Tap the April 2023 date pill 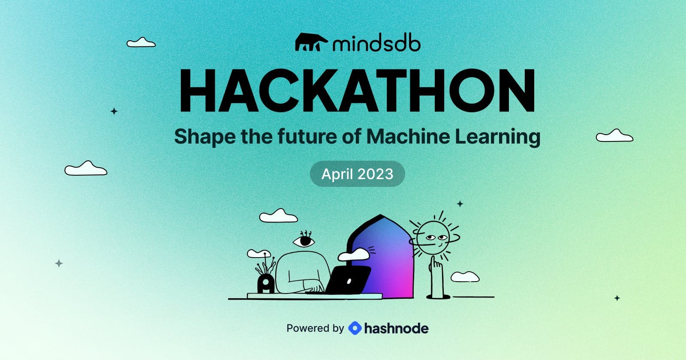357,174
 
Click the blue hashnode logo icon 355,328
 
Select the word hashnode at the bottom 396,328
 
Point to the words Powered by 315,328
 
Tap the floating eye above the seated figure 304,241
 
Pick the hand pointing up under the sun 436,276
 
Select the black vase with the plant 266,284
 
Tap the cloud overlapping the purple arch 354,255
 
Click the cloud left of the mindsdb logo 141,42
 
